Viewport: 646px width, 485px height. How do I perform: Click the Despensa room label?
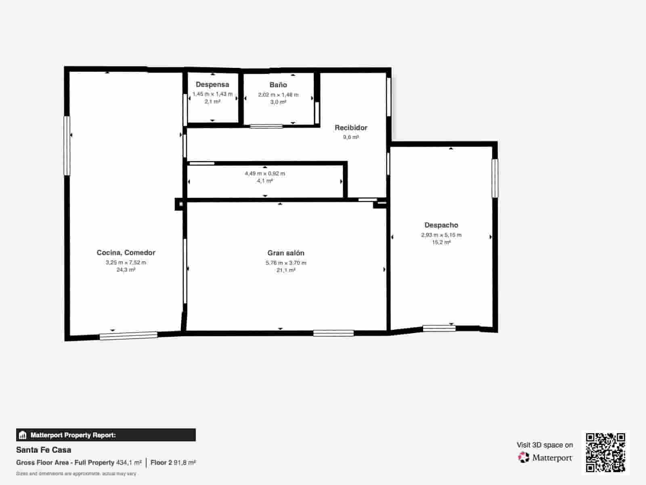[212, 84]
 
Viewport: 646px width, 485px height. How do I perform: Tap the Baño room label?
[278, 85]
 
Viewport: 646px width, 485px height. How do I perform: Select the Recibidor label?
[351, 128]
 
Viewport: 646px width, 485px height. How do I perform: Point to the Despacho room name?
[441, 225]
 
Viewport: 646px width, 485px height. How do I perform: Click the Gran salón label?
[286, 253]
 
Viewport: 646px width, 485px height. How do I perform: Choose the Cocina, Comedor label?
[126, 253]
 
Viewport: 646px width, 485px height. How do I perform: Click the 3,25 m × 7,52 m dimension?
[126, 263]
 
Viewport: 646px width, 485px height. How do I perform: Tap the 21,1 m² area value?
[286, 270]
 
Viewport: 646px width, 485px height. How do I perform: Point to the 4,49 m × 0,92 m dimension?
[265, 173]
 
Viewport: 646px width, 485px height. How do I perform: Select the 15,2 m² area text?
[441, 242]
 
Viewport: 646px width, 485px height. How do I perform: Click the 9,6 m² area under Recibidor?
[351, 137]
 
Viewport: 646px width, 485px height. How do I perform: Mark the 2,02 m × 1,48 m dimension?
[278, 95]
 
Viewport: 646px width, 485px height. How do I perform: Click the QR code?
[605, 452]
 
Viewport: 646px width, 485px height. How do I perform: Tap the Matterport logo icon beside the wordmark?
[524, 458]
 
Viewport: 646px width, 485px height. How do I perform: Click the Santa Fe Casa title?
[44, 450]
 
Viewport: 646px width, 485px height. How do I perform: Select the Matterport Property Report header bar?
[106, 435]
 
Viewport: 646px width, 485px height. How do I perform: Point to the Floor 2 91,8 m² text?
[173, 462]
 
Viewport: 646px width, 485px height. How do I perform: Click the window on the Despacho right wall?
[495, 178]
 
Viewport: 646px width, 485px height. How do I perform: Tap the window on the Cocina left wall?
[67, 146]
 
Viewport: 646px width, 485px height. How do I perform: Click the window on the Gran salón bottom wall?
[333, 333]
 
